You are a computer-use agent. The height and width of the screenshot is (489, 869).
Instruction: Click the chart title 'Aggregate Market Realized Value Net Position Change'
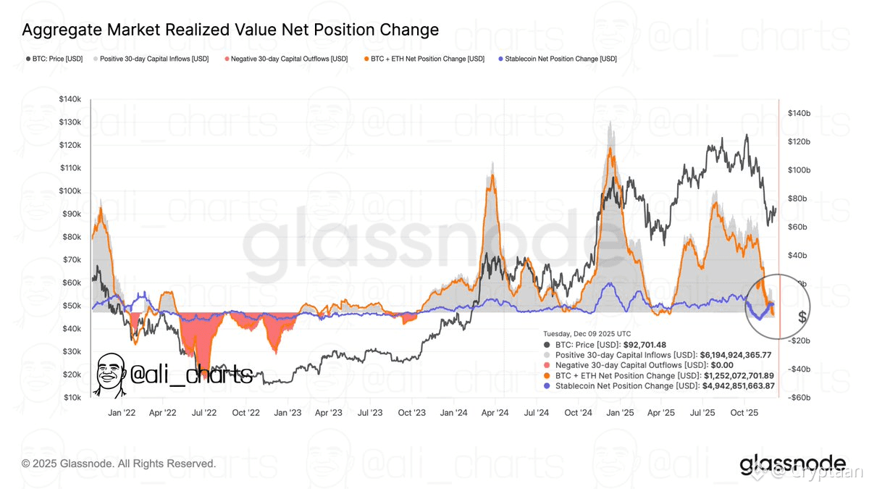pos(230,30)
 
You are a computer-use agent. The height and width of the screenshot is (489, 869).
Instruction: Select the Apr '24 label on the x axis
pos(494,412)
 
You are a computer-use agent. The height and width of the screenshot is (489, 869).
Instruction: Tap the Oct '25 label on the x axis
pos(744,412)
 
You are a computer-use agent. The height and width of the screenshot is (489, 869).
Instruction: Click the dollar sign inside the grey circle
pos(802,317)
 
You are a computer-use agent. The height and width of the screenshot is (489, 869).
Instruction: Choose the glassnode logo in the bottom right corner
pos(792,464)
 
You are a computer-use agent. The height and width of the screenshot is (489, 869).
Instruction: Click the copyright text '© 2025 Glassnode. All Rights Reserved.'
pos(119,463)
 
